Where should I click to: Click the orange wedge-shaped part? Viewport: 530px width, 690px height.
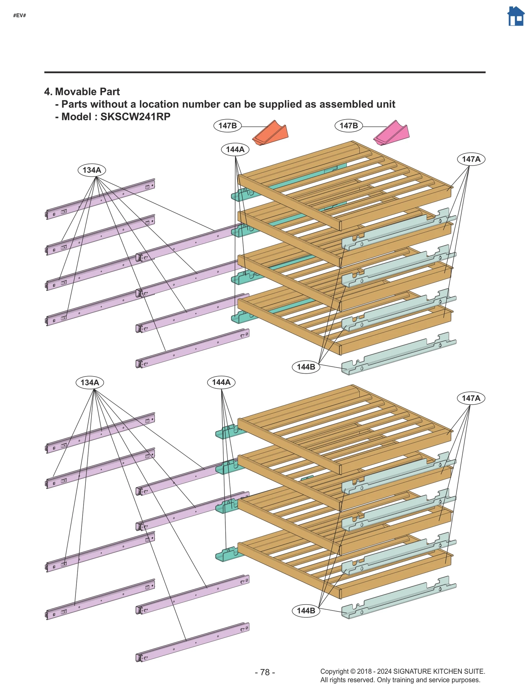point(270,133)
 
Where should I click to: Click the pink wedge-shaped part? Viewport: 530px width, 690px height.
point(392,133)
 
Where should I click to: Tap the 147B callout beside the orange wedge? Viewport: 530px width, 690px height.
point(227,126)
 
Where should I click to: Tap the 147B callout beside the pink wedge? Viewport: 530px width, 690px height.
point(348,126)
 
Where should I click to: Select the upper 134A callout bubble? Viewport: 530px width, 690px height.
point(92,170)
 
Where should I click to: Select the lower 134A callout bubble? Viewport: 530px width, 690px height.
point(90,382)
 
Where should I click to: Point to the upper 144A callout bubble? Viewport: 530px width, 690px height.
point(235,149)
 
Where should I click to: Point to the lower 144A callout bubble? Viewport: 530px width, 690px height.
point(221,382)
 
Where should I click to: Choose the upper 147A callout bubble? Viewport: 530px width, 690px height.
point(471,159)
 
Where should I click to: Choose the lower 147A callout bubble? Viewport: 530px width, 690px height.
point(471,398)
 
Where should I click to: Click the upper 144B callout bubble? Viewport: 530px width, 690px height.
point(306,367)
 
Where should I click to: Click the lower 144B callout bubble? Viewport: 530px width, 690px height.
point(306,611)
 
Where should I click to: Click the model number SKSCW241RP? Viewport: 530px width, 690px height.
point(135,117)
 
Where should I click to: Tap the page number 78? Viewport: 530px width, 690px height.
point(265,672)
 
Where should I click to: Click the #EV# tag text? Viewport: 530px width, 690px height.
point(20,16)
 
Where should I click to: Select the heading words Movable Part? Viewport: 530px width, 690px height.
point(87,92)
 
